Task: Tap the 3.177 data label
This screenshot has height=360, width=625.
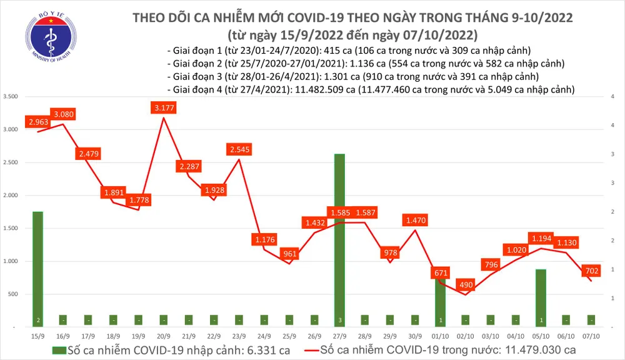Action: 164,108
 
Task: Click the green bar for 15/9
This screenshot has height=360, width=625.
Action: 38,269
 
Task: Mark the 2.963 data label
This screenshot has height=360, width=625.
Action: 38,122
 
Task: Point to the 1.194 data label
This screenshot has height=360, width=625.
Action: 541,238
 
